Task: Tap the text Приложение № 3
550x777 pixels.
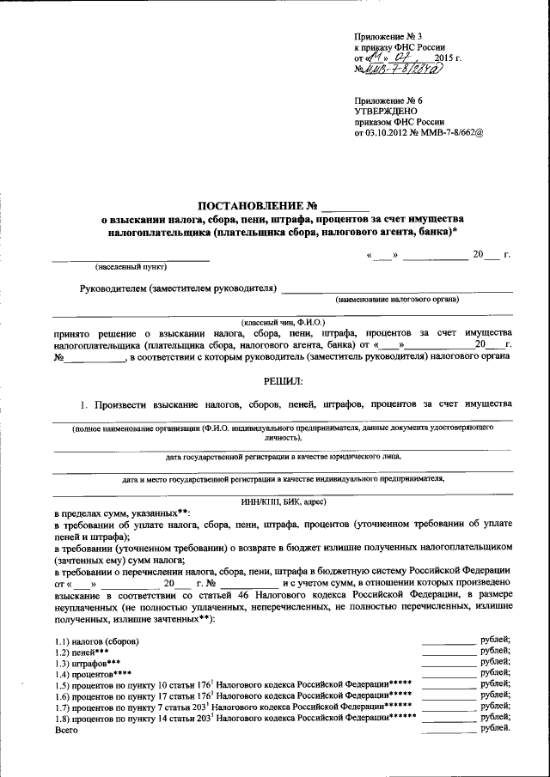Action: coord(388,35)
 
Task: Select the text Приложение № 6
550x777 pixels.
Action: coord(388,100)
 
